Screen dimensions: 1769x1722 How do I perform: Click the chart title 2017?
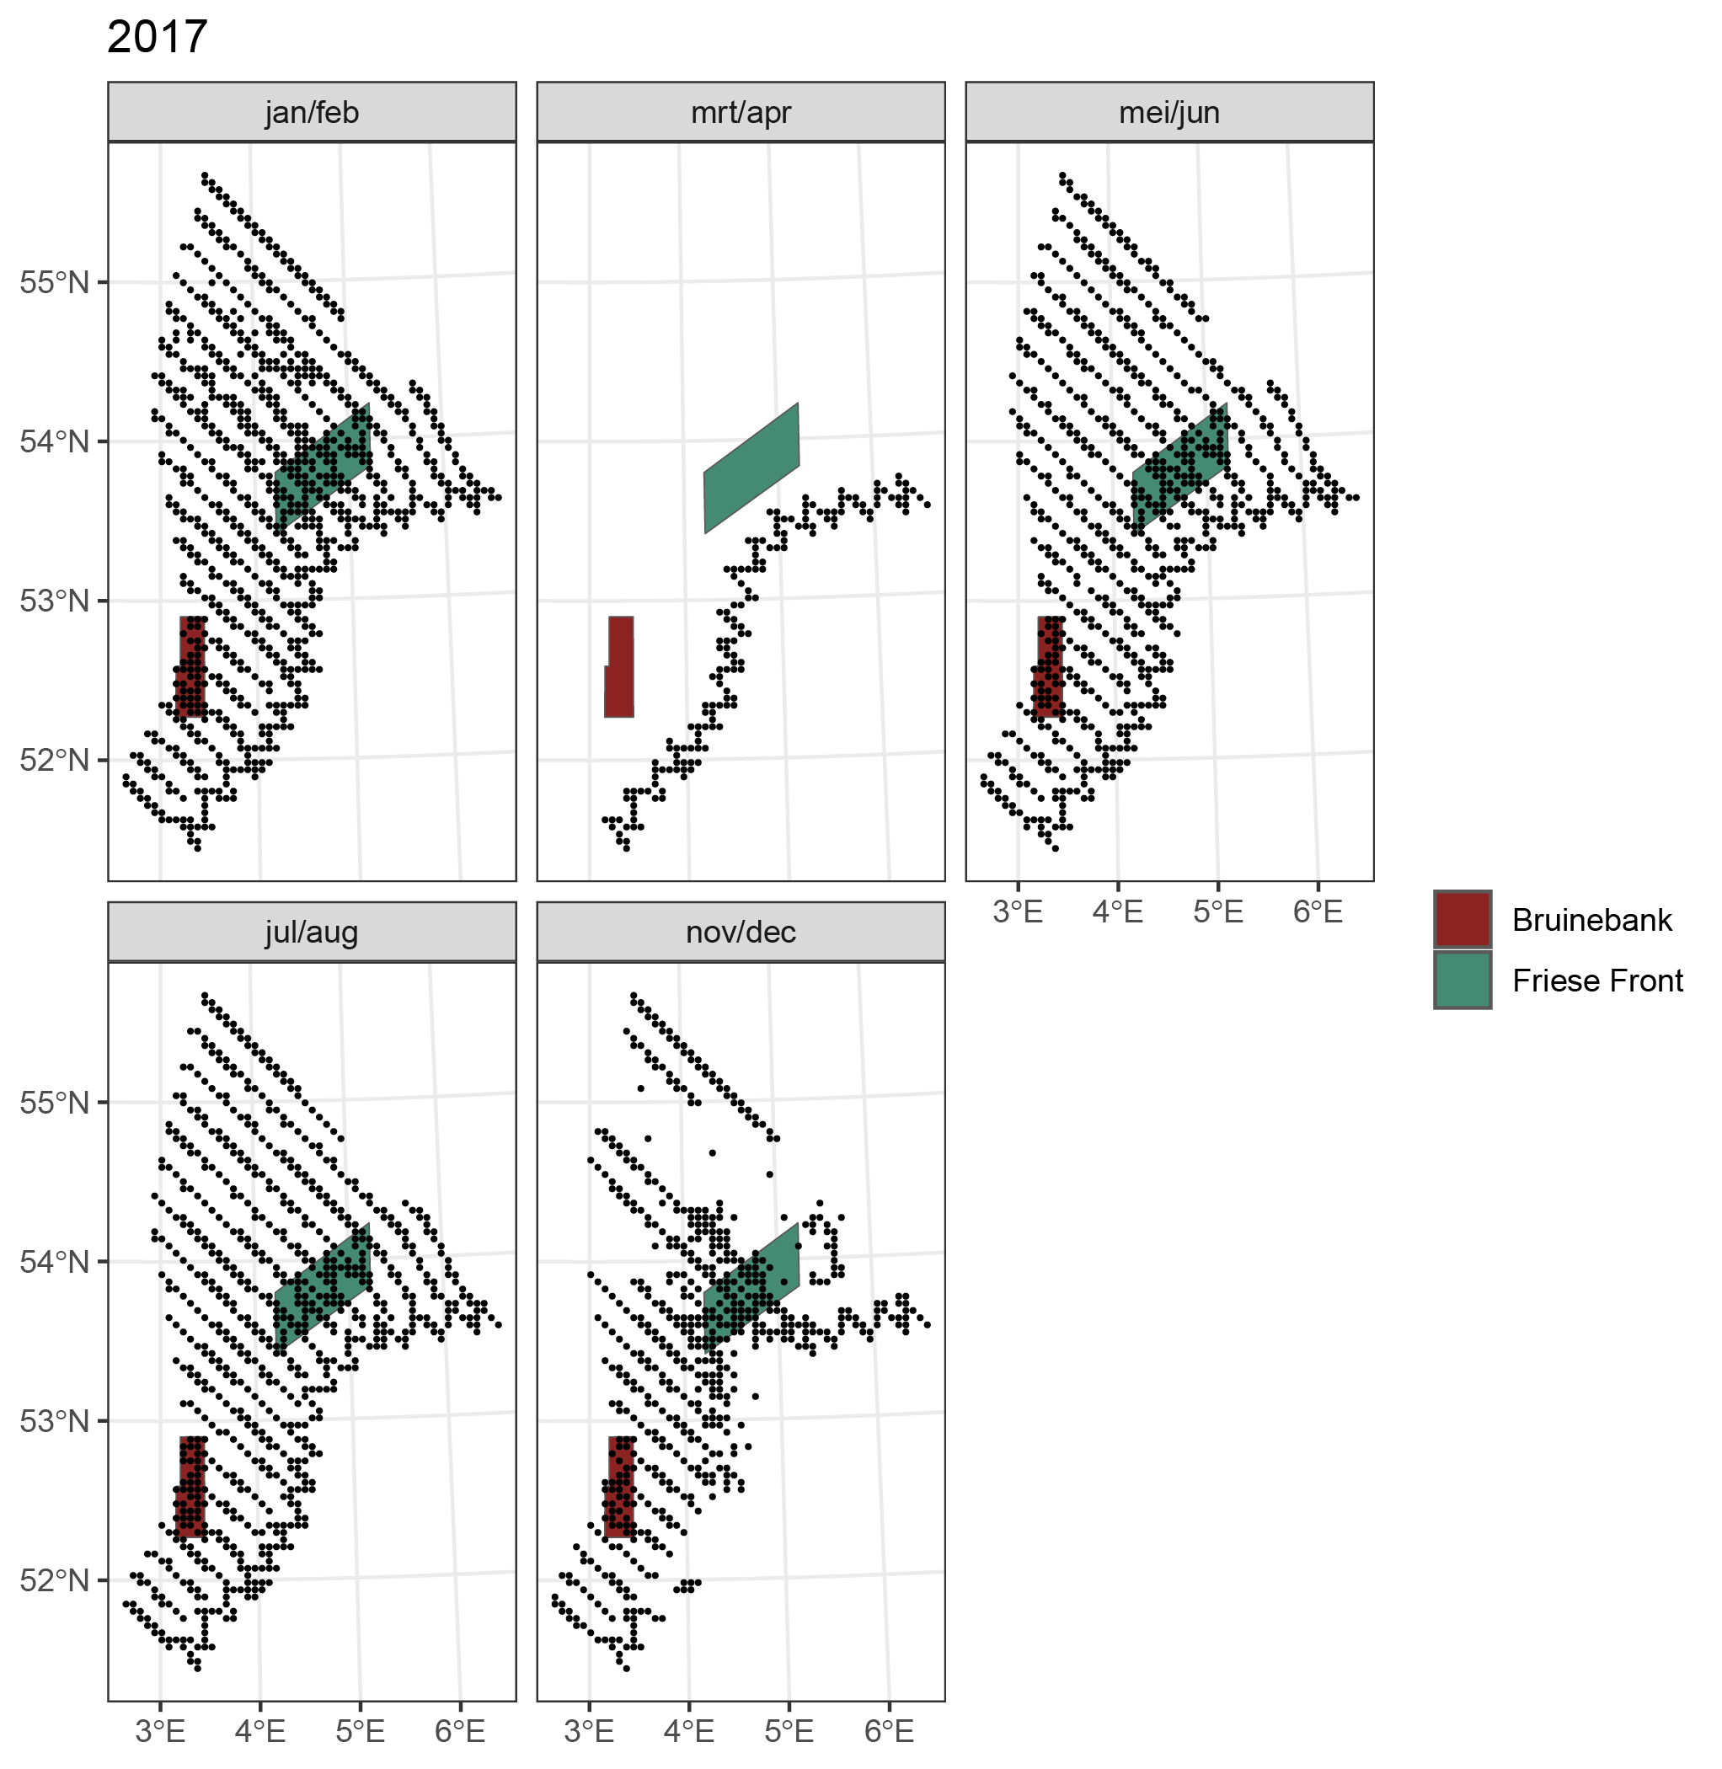(158, 38)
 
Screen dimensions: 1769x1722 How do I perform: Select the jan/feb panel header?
(311, 112)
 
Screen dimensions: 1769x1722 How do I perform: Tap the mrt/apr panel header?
(741, 112)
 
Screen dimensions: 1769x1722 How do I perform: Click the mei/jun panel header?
(1169, 112)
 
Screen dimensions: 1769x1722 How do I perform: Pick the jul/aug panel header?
(311, 932)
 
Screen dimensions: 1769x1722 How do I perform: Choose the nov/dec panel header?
(741, 932)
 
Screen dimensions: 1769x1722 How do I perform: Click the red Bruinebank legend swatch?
(1463, 920)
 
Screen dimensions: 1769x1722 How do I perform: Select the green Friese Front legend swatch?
(1463, 981)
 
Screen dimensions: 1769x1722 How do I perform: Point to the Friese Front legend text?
(1597, 981)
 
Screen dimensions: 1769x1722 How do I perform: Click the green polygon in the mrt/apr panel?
(751, 468)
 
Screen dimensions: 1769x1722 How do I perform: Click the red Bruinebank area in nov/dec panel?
(619, 1487)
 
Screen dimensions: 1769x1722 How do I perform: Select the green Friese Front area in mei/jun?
(1180, 468)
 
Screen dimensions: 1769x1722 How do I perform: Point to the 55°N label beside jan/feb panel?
(55, 282)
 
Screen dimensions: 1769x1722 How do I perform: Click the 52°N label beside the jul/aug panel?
(55, 1580)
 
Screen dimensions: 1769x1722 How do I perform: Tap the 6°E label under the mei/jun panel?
(1318, 911)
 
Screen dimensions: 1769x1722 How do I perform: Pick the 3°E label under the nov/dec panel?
(590, 1731)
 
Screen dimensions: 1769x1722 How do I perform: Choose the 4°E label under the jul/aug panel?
(260, 1731)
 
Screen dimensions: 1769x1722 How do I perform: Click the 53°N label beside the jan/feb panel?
(55, 601)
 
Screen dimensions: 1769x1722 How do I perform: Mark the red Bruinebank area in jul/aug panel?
(191, 1487)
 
